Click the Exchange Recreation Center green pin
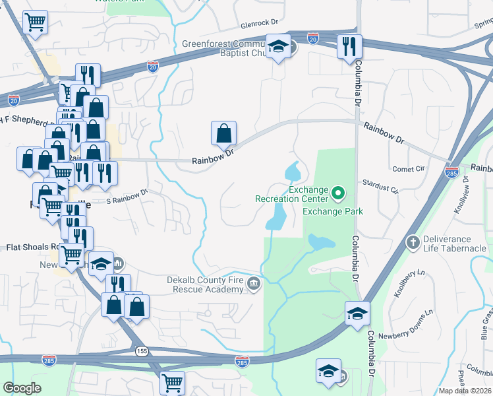pyautogui.click(x=339, y=193)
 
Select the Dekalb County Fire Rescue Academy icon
pyautogui.click(x=254, y=284)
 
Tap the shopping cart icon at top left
pyautogui.click(x=35, y=22)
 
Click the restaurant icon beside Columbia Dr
pyautogui.click(x=349, y=46)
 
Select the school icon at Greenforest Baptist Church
pyautogui.click(x=279, y=46)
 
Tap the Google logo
pyautogui.click(x=22, y=387)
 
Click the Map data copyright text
pyautogui.click(x=465, y=391)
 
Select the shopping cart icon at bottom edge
pyautogui.click(x=171, y=381)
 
